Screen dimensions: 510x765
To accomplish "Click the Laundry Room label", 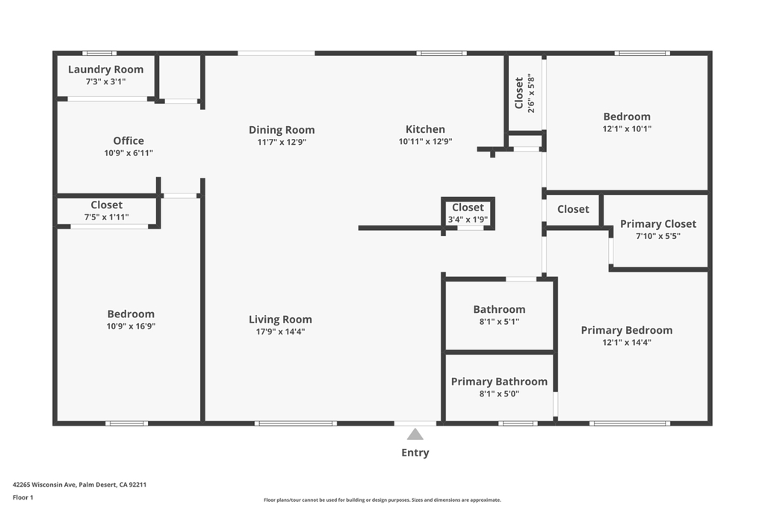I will (x=105, y=69).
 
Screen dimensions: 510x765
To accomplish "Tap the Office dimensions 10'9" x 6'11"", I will (x=128, y=153).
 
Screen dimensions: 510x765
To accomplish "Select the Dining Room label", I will (x=282, y=130).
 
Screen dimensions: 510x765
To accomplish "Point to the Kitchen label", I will (x=425, y=129).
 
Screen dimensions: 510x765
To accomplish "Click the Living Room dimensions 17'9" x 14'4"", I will (x=280, y=332).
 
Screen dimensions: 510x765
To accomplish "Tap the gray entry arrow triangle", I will (x=415, y=434).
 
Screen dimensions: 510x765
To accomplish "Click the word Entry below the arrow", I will (x=415, y=453).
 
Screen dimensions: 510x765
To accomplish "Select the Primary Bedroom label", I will (x=626, y=330).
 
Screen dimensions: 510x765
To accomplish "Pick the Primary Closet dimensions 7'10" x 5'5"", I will (x=657, y=236).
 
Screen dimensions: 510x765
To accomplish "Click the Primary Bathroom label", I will (x=499, y=382).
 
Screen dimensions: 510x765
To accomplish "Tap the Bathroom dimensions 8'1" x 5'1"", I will (x=499, y=322).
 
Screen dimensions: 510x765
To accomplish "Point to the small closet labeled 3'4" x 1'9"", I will (x=468, y=213).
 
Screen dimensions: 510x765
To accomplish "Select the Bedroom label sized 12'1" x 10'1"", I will (x=627, y=116).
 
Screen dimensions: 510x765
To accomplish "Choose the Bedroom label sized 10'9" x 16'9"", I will (x=131, y=314).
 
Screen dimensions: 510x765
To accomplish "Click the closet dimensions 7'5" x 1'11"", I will (x=106, y=217).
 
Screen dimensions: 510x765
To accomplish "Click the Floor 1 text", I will (x=23, y=497).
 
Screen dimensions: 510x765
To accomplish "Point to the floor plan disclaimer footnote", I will (x=382, y=500).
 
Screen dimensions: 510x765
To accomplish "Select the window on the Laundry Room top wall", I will (x=99, y=53).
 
